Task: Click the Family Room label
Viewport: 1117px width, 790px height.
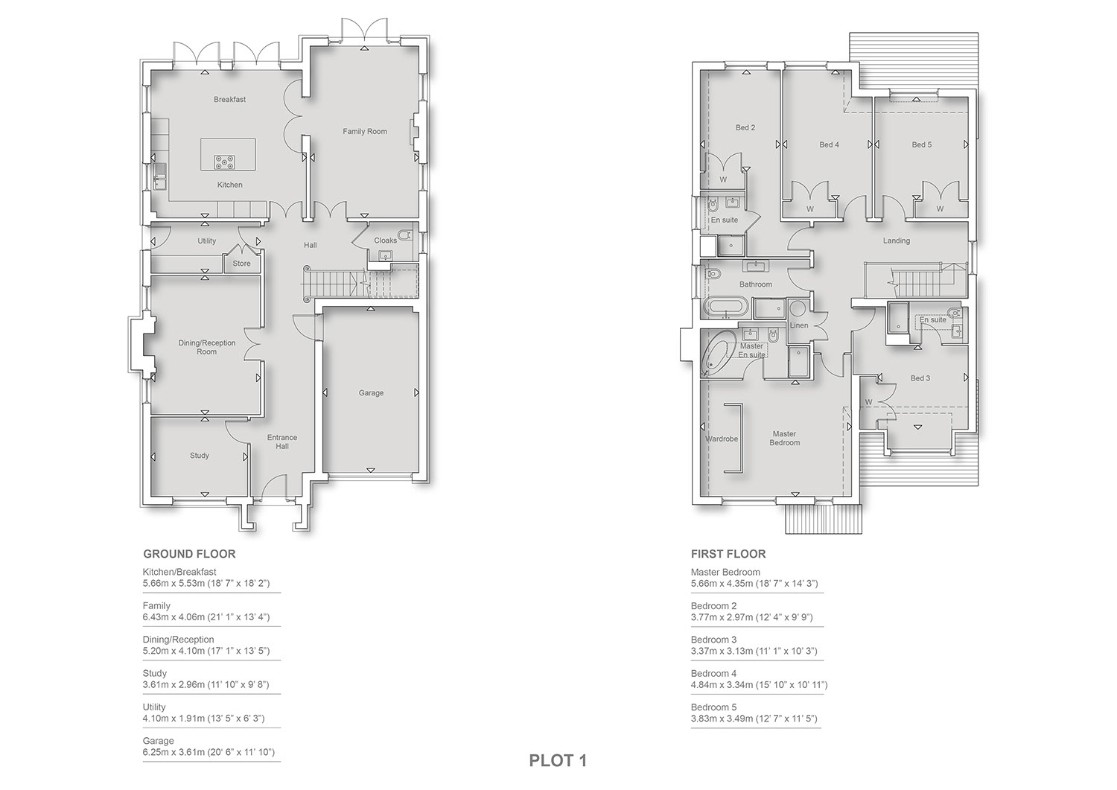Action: point(365,132)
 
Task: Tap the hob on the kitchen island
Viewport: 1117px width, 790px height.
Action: point(226,162)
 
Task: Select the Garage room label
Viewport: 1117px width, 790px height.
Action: point(371,393)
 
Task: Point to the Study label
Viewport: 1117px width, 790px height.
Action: point(199,456)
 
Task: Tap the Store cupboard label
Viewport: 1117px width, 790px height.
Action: point(241,264)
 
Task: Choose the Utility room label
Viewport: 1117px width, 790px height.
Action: point(206,241)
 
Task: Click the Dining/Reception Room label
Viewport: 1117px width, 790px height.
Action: point(206,347)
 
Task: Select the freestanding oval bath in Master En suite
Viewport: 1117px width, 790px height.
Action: point(718,352)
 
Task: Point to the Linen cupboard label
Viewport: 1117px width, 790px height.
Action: point(799,325)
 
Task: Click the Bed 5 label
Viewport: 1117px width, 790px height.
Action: point(922,144)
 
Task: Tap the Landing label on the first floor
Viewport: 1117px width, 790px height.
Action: point(896,241)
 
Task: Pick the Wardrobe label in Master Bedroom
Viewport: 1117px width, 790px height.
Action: point(721,439)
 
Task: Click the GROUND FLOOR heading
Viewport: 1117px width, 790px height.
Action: point(189,554)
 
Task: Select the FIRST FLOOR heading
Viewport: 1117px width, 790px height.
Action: point(728,554)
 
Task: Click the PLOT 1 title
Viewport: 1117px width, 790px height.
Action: point(558,760)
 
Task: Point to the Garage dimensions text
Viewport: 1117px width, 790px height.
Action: point(209,752)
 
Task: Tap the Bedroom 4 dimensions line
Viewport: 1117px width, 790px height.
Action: point(759,685)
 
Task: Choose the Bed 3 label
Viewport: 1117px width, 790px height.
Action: point(920,378)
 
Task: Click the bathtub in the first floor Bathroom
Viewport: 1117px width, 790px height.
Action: point(725,308)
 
